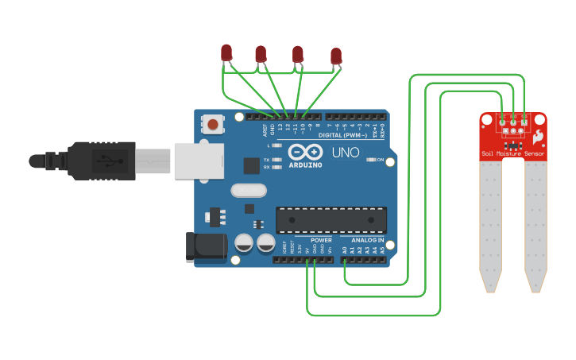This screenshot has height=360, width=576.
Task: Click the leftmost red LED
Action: (226, 52)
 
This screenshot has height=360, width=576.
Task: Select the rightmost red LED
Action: (336, 56)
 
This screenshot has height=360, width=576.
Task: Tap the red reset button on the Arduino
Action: (213, 123)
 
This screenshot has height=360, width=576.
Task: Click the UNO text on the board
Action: (345, 152)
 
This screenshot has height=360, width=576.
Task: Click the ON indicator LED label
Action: (380, 160)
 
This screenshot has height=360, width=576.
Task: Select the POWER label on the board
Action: (321, 239)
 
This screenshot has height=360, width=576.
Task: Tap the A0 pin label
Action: (344, 250)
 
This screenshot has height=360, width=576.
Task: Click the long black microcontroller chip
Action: (331, 220)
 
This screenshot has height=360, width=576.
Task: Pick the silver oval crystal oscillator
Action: (249, 191)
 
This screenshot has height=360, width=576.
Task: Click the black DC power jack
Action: (205, 246)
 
